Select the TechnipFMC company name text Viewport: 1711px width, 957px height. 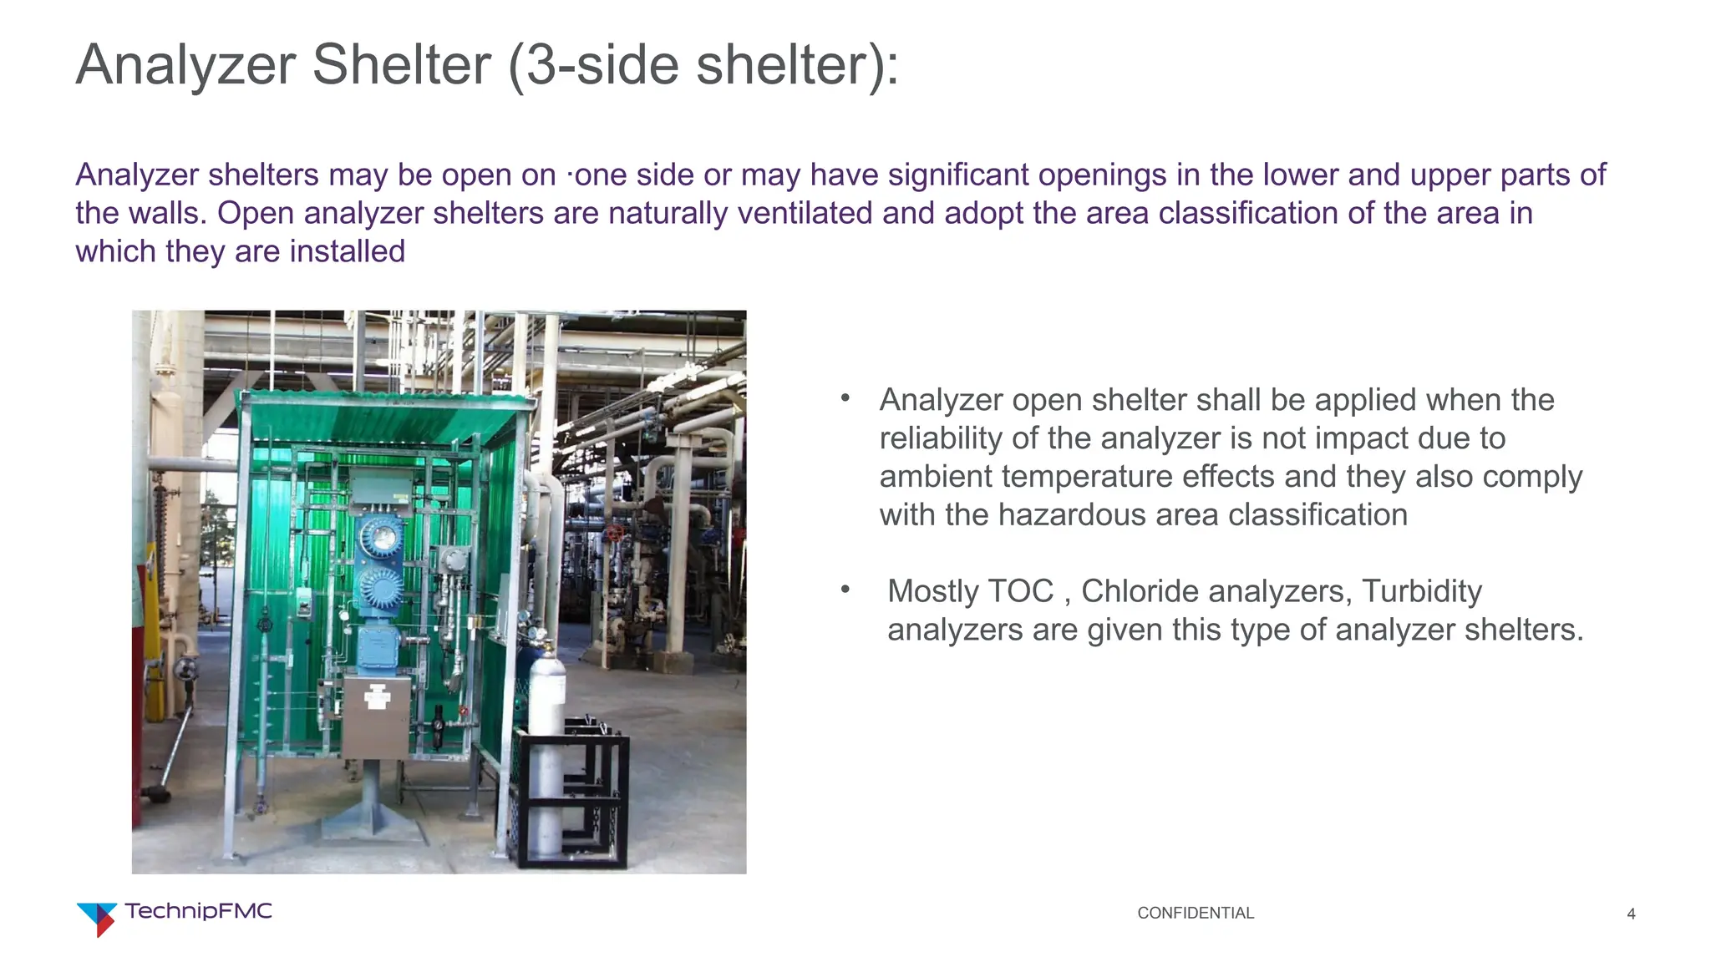[199, 911]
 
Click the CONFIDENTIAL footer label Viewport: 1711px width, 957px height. [1195, 914]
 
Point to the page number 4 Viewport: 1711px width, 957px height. [1631, 914]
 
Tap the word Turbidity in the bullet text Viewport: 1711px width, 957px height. [1422, 592]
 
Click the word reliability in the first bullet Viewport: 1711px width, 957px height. [934, 438]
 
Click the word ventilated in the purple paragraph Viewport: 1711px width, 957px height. [804, 214]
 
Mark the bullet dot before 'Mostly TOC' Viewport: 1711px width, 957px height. [845, 590]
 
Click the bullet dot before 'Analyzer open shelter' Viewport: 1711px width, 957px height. [845, 398]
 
